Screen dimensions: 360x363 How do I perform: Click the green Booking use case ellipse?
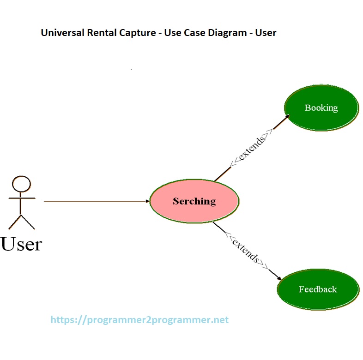[321, 108]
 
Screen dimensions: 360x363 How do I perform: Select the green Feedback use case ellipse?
[318, 289]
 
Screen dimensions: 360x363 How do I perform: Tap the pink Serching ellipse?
[194, 201]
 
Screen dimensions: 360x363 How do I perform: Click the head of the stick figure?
[21, 184]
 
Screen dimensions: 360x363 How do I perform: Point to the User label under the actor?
[21, 243]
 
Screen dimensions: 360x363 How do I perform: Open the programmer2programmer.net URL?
[139, 319]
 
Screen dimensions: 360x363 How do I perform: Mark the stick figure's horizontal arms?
[21, 198]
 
